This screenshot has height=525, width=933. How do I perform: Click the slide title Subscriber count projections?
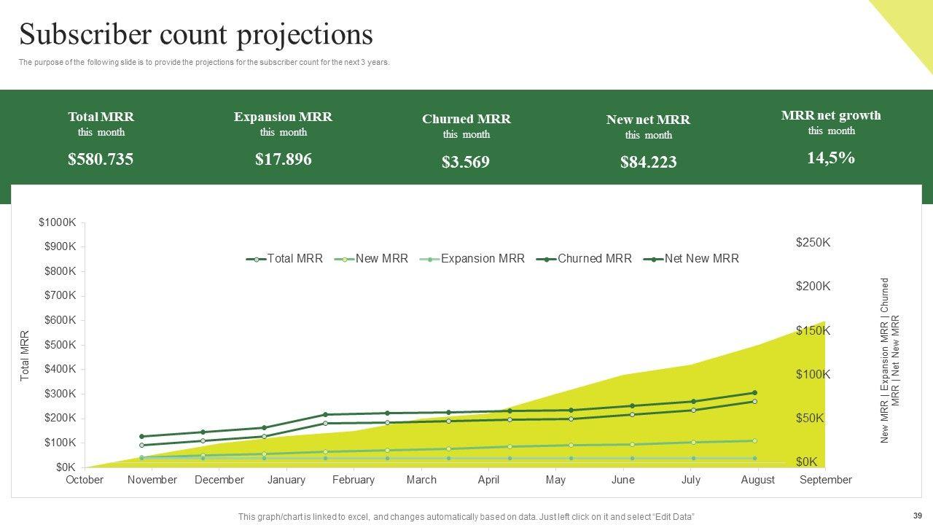[196, 34]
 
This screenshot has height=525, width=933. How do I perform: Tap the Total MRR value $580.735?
[101, 159]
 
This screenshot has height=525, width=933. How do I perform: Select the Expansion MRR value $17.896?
[283, 159]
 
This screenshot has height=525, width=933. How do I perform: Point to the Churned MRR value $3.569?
[466, 162]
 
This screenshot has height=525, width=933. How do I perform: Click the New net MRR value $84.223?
[648, 163]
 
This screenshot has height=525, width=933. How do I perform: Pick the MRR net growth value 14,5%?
[831, 157]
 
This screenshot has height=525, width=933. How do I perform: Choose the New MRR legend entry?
[381, 258]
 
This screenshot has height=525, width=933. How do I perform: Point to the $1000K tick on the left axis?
[58, 222]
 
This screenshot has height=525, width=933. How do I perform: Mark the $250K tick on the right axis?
[813, 243]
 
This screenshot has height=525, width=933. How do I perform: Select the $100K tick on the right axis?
[813, 375]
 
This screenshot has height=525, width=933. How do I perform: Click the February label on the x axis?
[354, 480]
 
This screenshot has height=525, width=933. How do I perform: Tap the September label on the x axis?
[825, 480]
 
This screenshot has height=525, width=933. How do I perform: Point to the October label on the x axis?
[85, 480]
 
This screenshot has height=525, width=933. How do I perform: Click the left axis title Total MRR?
[25, 356]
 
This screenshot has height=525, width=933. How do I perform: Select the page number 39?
[917, 515]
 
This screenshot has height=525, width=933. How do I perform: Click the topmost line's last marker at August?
[754, 393]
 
